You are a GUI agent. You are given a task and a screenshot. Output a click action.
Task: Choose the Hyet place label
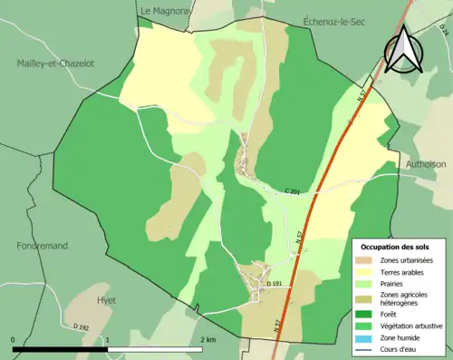coord(106,299)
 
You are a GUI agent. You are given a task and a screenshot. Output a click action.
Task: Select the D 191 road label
coord(276,284)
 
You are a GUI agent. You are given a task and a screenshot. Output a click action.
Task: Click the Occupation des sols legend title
coord(399,247)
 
